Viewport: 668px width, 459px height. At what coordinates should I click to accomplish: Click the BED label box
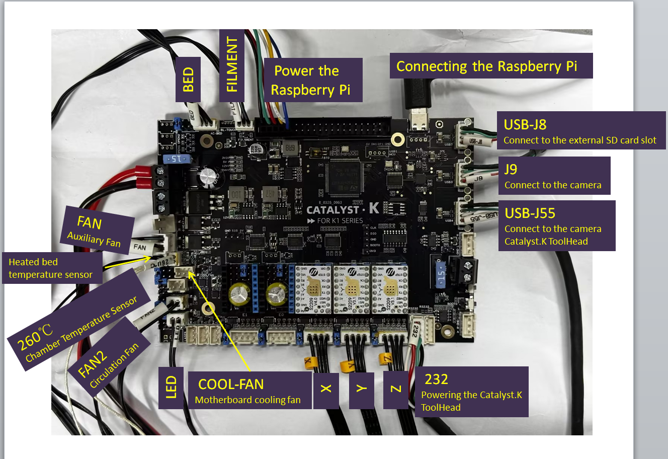(x=188, y=80)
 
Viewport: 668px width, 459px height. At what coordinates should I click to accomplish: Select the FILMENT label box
(x=232, y=64)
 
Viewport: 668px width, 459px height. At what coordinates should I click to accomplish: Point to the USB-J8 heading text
(x=525, y=125)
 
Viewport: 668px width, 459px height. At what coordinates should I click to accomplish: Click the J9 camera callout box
(x=554, y=176)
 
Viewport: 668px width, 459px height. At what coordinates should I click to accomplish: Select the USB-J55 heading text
(x=530, y=213)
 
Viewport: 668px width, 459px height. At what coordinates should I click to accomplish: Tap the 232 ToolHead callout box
(x=471, y=392)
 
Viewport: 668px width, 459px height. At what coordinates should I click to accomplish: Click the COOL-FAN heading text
(x=231, y=385)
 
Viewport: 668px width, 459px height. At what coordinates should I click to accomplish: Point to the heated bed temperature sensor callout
(x=51, y=268)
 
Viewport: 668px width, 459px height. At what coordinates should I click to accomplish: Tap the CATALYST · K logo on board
(x=343, y=209)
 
